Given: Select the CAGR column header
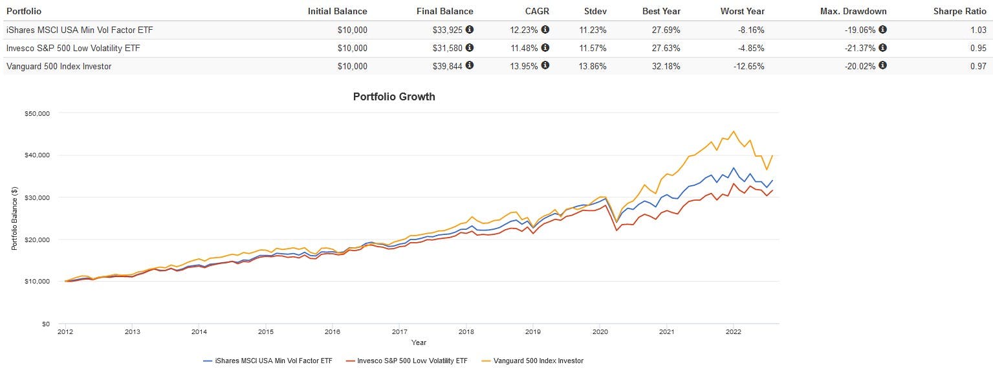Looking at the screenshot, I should (537, 11).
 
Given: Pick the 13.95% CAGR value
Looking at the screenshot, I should (524, 66).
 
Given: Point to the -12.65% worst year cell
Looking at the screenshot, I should (747, 66).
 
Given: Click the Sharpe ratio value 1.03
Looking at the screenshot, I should (977, 30).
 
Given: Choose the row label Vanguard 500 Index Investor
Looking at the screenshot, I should (58, 66).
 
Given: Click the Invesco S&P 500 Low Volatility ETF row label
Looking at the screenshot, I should (73, 48).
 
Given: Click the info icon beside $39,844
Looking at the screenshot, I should (470, 65).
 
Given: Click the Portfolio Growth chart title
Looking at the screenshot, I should (394, 96).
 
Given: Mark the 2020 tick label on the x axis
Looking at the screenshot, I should (600, 332).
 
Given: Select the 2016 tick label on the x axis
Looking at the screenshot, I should (333, 332).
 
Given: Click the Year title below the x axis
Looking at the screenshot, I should (419, 342).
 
